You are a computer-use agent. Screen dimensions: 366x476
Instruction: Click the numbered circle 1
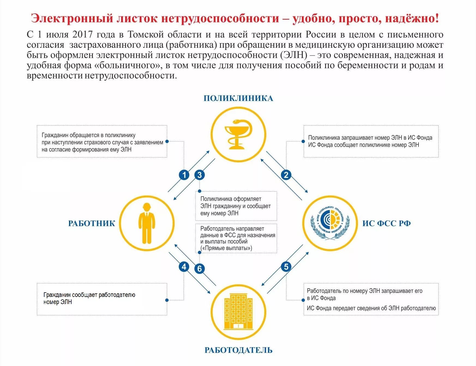point(184,175)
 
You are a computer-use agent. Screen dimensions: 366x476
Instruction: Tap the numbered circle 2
point(286,175)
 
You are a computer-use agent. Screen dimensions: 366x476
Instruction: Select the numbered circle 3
point(199,175)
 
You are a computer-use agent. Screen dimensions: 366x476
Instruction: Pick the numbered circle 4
point(184,267)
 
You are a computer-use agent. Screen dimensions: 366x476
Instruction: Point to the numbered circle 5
point(286,267)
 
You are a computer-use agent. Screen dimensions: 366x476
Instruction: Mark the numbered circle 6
point(199,269)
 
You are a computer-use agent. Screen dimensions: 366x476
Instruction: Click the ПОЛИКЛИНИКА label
point(238,98)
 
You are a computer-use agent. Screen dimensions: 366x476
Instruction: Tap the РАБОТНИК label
point(92,223)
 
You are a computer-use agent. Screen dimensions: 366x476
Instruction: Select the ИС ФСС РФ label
point(386,223)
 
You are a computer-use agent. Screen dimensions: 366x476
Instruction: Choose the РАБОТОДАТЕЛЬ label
point(238,350)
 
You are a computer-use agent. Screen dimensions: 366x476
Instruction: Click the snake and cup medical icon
point(238,134)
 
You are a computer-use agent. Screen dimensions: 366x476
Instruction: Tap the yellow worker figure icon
point(147,223)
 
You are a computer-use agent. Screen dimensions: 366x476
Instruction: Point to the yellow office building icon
point(238,312)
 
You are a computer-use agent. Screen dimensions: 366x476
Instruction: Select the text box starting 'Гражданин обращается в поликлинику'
point(102,142)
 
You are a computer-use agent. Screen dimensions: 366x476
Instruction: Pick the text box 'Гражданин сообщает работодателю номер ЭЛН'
point(102,299)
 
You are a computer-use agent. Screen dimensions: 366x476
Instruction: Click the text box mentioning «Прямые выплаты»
point(236,238)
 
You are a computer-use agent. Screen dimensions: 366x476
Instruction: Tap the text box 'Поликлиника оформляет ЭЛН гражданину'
point(236,206)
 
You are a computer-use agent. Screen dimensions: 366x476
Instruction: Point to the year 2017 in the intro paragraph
point(83,35)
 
